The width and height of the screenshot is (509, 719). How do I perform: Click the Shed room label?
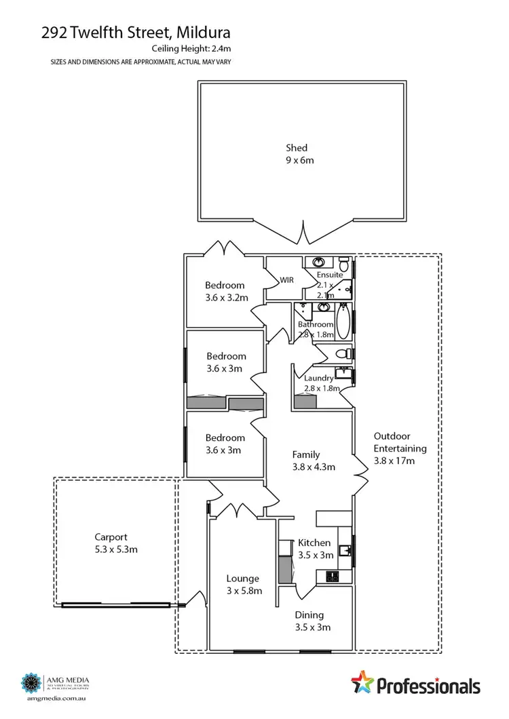click(296, 148)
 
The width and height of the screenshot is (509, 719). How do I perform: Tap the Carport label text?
click(111, 537)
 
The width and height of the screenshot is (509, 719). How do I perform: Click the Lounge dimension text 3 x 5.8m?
click(243, 591)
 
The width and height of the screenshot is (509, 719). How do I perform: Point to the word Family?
click(305, 454)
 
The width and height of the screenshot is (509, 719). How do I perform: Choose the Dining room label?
click(309, 615)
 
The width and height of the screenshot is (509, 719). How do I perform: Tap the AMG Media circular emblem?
click(31, 681)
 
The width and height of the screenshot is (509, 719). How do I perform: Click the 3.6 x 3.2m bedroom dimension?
click(227, 298)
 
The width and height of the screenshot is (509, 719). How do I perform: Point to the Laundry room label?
click(318, 378)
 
